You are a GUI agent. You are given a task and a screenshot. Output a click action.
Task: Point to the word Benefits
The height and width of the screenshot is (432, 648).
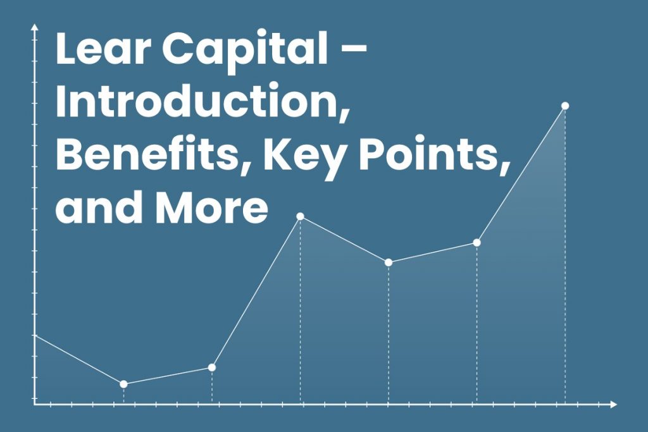[x=149, y=156]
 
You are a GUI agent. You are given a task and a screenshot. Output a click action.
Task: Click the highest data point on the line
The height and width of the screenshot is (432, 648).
[x=565, y=106]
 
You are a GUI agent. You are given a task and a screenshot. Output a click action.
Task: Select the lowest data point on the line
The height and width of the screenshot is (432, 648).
[x=123, y=384]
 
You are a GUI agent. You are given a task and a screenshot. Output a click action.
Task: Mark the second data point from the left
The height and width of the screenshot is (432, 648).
[x=211, y=367]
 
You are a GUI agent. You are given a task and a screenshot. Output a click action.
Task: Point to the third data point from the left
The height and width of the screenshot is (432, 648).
[x=301, y=216]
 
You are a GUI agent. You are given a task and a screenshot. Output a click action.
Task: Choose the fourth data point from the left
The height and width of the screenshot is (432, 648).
[x=389, y=262]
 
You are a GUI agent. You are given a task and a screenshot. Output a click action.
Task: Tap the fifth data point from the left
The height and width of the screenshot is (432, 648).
[x=477, y=242]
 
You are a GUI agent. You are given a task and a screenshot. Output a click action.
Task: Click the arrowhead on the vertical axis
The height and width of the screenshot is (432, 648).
[x=35, y=27]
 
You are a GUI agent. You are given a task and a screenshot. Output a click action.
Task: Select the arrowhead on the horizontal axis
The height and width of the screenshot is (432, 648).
[x=613, y=404]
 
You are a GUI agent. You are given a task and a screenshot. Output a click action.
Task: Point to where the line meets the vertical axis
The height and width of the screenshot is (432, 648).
[x=35, y=335]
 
